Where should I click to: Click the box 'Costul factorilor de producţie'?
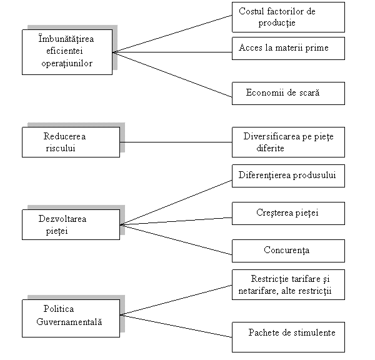point(288,17)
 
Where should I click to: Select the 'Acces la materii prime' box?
point(288,48)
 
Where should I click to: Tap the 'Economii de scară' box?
point(288,93)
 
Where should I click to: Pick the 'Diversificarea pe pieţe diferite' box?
point(288,142)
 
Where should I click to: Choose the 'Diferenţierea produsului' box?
point(288,176)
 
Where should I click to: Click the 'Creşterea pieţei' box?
point(288,213)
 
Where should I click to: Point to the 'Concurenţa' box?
point(288,251)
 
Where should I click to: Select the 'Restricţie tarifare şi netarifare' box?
point(288,284)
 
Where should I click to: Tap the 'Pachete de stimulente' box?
point(288,337)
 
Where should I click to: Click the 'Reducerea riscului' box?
point(71,142)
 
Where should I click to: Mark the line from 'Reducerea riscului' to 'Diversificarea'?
point(176,142)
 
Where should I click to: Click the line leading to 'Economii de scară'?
point(172,74)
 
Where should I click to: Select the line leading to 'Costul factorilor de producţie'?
point(172,34)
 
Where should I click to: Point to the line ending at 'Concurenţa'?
point(176,239)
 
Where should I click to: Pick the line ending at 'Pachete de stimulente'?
point(176,326)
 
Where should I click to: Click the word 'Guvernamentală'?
point(69,322)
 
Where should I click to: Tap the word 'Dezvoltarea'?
point(62,219)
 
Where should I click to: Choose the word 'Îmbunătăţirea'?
point(66,39)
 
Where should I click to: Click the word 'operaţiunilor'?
point(67,64)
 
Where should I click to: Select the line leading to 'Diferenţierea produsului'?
point(176,202)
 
